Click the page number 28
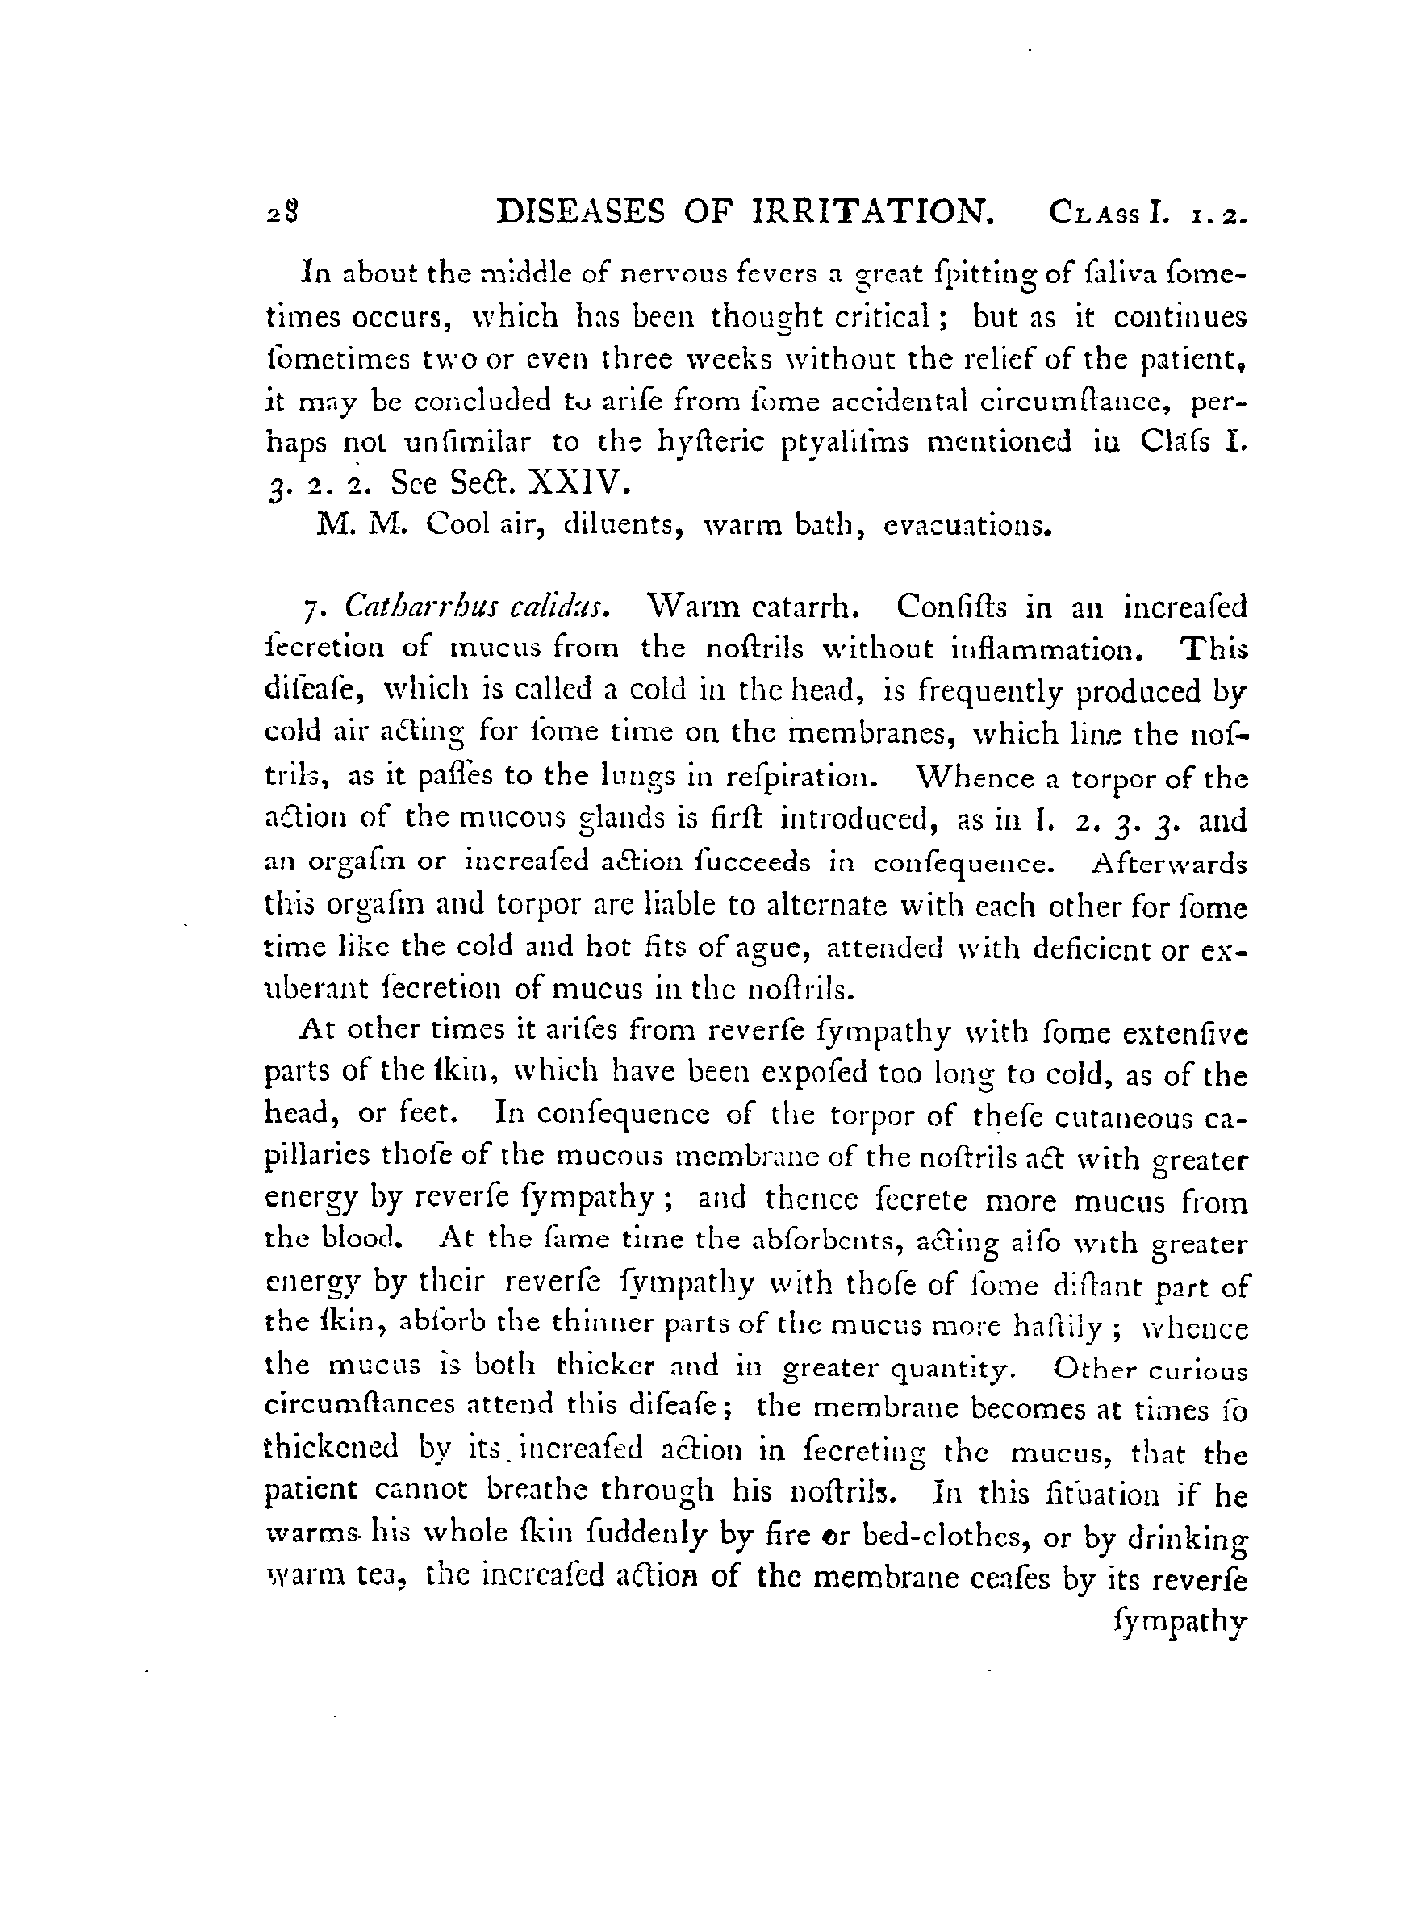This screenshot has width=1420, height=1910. point(282,212)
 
